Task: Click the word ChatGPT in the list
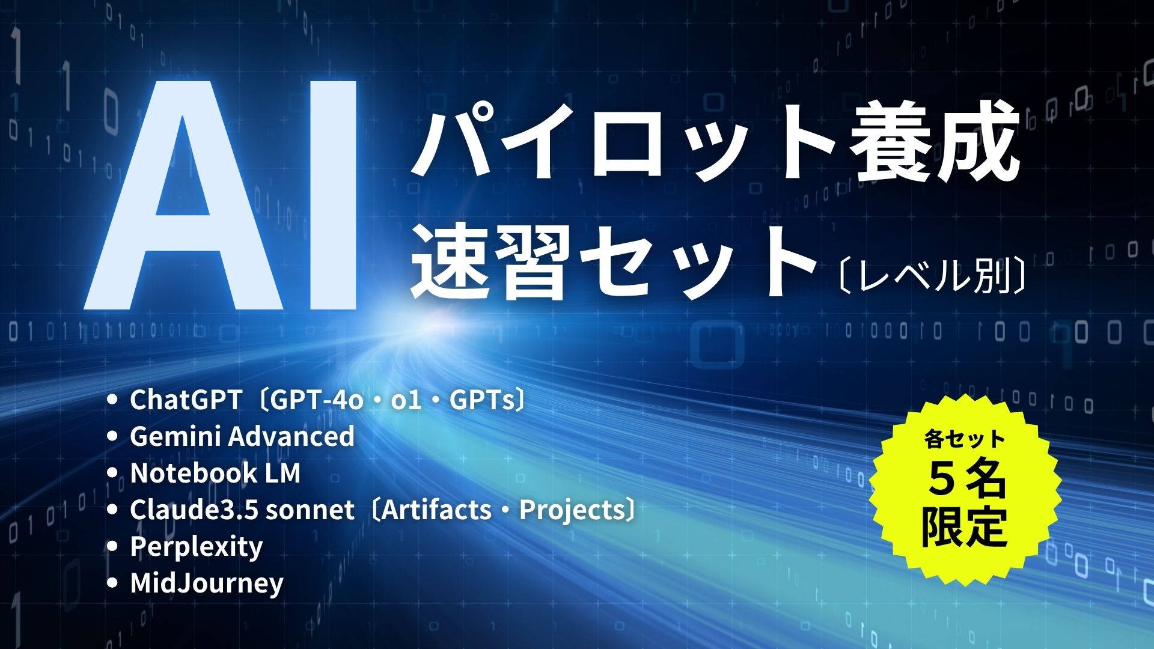[x=186, y=401]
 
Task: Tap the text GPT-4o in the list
[x=317, y=401]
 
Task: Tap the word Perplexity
[x=197, y=547]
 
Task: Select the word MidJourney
[x=207, y=583]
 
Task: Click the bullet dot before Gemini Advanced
[x=111, y=437]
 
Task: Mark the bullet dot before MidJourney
[x=111, y=583]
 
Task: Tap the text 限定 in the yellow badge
[x=964, y=527]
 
